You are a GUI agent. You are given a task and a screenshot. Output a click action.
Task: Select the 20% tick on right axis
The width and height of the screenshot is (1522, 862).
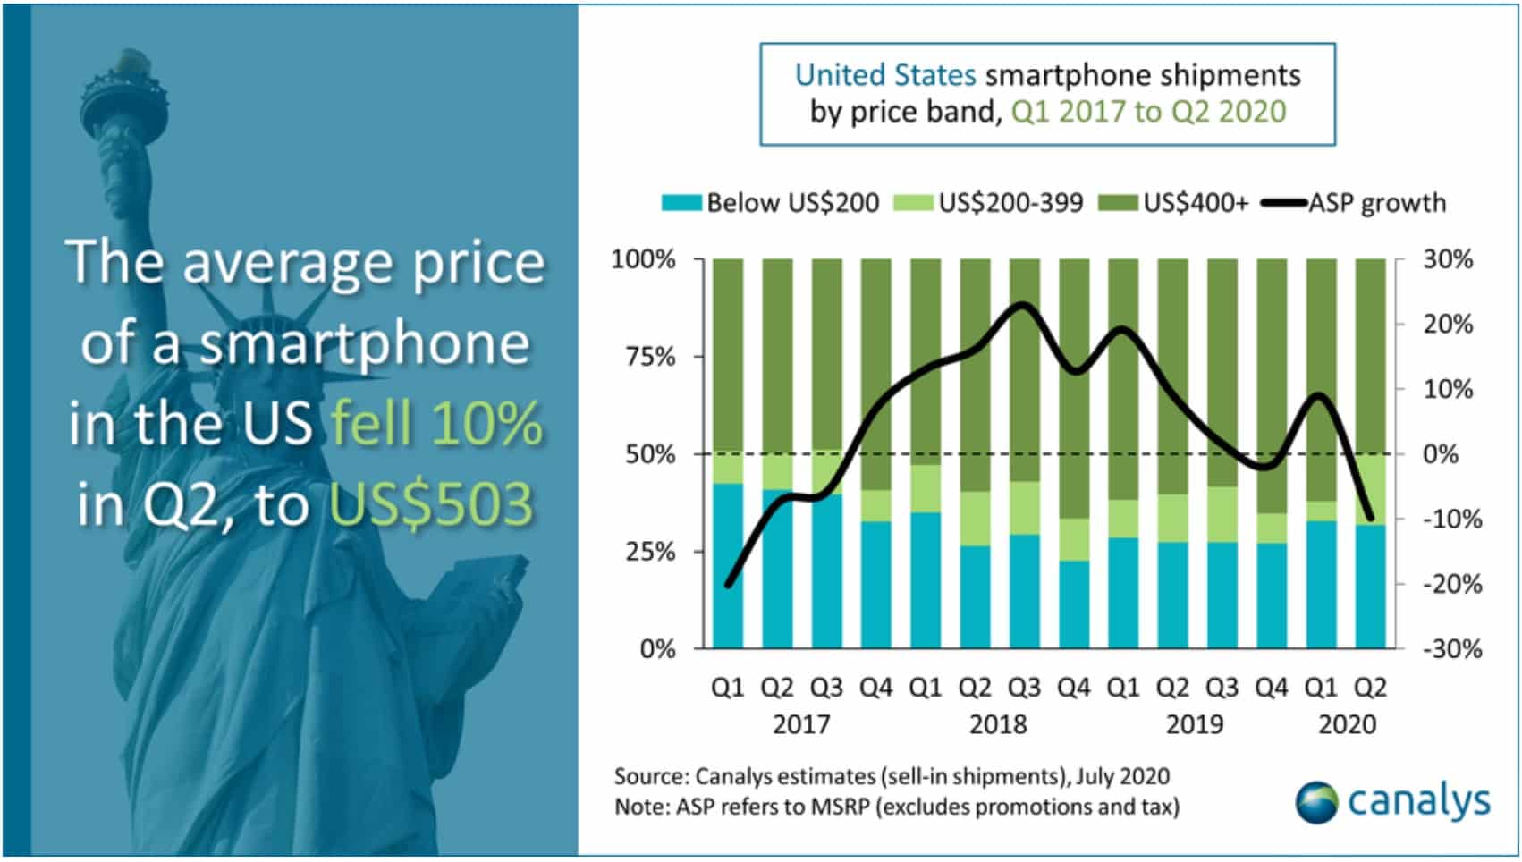coord(1448,325)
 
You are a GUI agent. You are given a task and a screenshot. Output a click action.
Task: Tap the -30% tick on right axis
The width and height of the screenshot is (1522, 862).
coord(1451,649)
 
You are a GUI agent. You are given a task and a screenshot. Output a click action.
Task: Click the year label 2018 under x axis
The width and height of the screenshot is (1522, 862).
coord(998,724)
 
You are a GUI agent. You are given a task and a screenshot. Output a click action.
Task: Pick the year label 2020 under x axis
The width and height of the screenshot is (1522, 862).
coord(1347,724)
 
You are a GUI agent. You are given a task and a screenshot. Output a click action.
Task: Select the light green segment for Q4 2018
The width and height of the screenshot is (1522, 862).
coord(1073,540)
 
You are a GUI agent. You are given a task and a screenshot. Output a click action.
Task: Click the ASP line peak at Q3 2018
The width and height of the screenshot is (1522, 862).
coord(1023,305)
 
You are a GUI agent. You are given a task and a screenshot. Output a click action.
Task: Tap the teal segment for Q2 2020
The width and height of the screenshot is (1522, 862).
coord(1370,586)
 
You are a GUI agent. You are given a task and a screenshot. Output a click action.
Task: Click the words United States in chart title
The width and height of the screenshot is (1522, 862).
coord(884,75)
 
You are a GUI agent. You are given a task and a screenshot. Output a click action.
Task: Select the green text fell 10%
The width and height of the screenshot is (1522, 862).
coord(436,423)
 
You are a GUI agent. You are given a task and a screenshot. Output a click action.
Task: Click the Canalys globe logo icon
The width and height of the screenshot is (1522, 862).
coord(1316,802)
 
